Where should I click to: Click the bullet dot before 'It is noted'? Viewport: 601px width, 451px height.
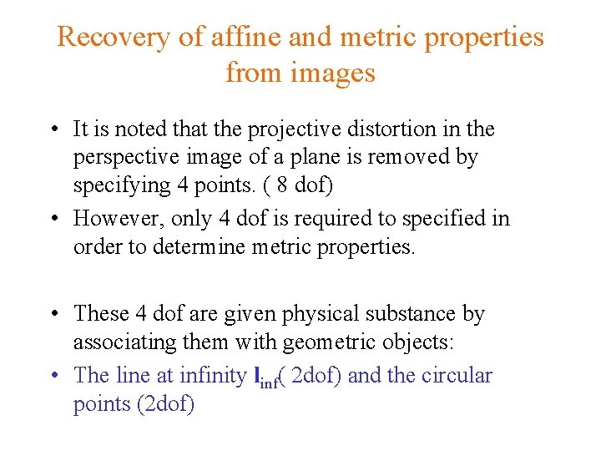[53, 130]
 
